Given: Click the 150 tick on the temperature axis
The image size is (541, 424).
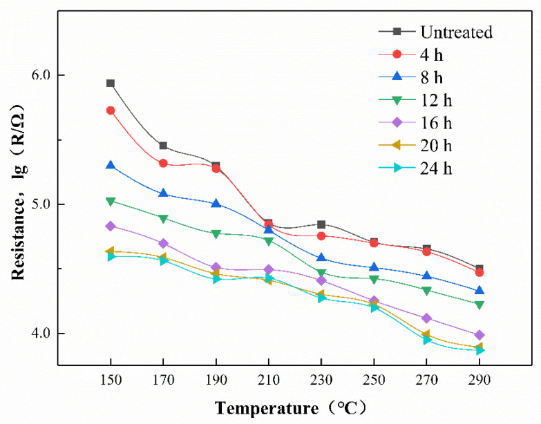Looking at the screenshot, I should (x=111, y=380).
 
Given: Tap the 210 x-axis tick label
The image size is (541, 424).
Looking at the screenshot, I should (x=268, y=380).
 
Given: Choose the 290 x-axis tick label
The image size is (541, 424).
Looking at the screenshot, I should (x=479, y=380).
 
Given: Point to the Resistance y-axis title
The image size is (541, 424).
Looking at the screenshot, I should (x=19, y=193).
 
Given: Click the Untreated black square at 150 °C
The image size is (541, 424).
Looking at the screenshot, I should (x=111, y=84).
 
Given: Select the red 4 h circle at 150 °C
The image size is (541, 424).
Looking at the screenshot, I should (x=111, y=110).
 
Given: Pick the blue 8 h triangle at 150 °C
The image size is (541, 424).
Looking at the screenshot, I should (x=111, y=165).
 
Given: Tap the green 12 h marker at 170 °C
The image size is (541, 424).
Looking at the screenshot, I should (x=163, y=219).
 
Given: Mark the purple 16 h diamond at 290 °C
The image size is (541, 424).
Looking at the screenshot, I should (x=479, y=335).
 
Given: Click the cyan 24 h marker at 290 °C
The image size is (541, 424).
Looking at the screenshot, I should (x=479, y=350).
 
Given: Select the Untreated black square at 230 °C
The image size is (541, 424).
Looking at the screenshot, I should (x=321, y=224).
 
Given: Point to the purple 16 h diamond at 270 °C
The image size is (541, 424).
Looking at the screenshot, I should (x=426, y=318).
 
